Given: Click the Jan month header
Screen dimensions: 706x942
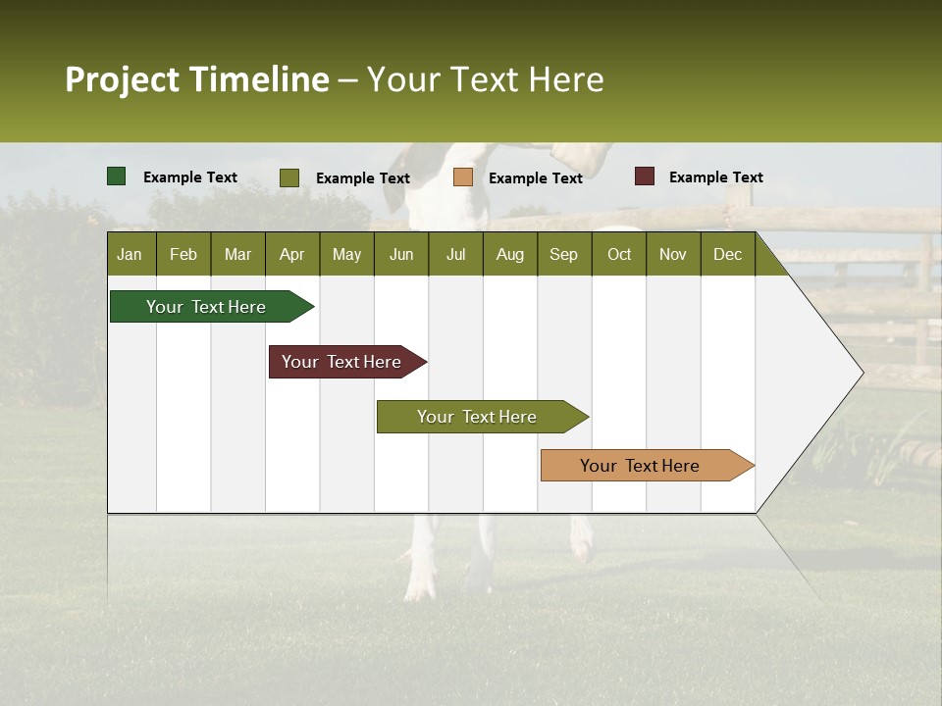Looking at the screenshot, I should click(x=130, y=254).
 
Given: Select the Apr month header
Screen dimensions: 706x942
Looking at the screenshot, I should click(x=291, y=254).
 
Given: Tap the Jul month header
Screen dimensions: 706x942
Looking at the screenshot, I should click(x=455, y=254).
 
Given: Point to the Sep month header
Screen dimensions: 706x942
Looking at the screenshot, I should click(x=563, y=254).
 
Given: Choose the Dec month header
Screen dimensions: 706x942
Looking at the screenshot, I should click(x=727, y=254).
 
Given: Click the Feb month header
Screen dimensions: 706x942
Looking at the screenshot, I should click(x=183, y=254).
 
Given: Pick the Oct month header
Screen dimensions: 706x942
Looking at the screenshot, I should click(x=619, y=254).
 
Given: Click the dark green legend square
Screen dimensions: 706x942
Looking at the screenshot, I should click(x=117, y=176).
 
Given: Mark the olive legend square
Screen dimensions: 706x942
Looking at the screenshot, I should click(x=289, y=177).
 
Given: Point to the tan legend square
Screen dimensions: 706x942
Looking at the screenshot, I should click(x=463, y=177).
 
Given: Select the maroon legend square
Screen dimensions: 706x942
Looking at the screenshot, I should click(x=645, y=176).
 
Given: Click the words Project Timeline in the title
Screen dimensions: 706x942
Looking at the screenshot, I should click(x=197, y=79).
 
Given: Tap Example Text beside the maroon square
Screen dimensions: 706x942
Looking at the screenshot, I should click(x=715, y=177).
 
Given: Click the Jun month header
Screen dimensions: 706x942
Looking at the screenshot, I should click(x=401, y=254).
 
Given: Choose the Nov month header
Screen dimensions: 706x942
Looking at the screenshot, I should click(x=673, y=254).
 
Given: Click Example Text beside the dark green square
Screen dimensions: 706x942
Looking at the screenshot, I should click(x=190, y=177).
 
